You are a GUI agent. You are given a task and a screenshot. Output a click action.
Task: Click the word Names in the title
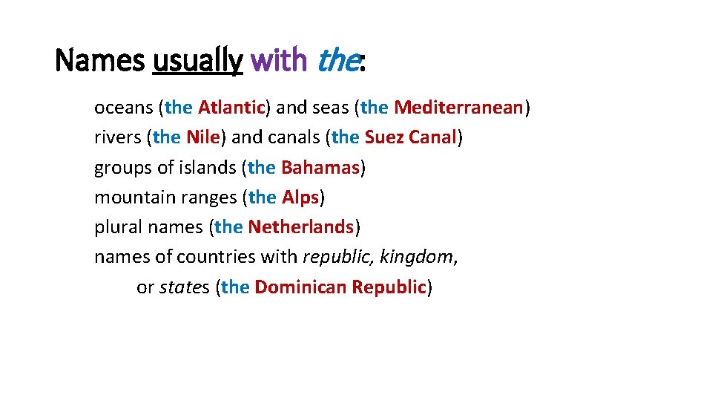tap(99, 60)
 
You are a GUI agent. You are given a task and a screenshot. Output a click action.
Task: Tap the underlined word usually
tap(197, 60)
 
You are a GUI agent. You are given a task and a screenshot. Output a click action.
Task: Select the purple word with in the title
tap(279, 60)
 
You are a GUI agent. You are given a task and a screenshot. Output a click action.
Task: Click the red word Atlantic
tap(231, 108)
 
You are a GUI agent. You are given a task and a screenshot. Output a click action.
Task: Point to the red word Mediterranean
tap(458, 108)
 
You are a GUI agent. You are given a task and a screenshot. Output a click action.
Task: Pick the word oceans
tap(123, 108)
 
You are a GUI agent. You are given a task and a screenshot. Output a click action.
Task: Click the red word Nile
tap(203, 137)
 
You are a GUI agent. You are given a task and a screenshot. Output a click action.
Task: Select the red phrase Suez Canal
tap(409, 137)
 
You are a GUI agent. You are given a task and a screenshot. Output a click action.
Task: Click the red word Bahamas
tap(320, 167)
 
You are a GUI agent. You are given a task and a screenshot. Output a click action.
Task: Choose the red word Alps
tap(300, 197)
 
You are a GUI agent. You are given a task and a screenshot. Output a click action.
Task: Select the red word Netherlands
tap(300, 226)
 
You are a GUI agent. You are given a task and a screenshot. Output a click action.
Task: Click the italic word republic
tap(338, 256)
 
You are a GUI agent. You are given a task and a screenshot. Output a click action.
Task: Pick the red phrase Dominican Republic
tap(340, 287)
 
